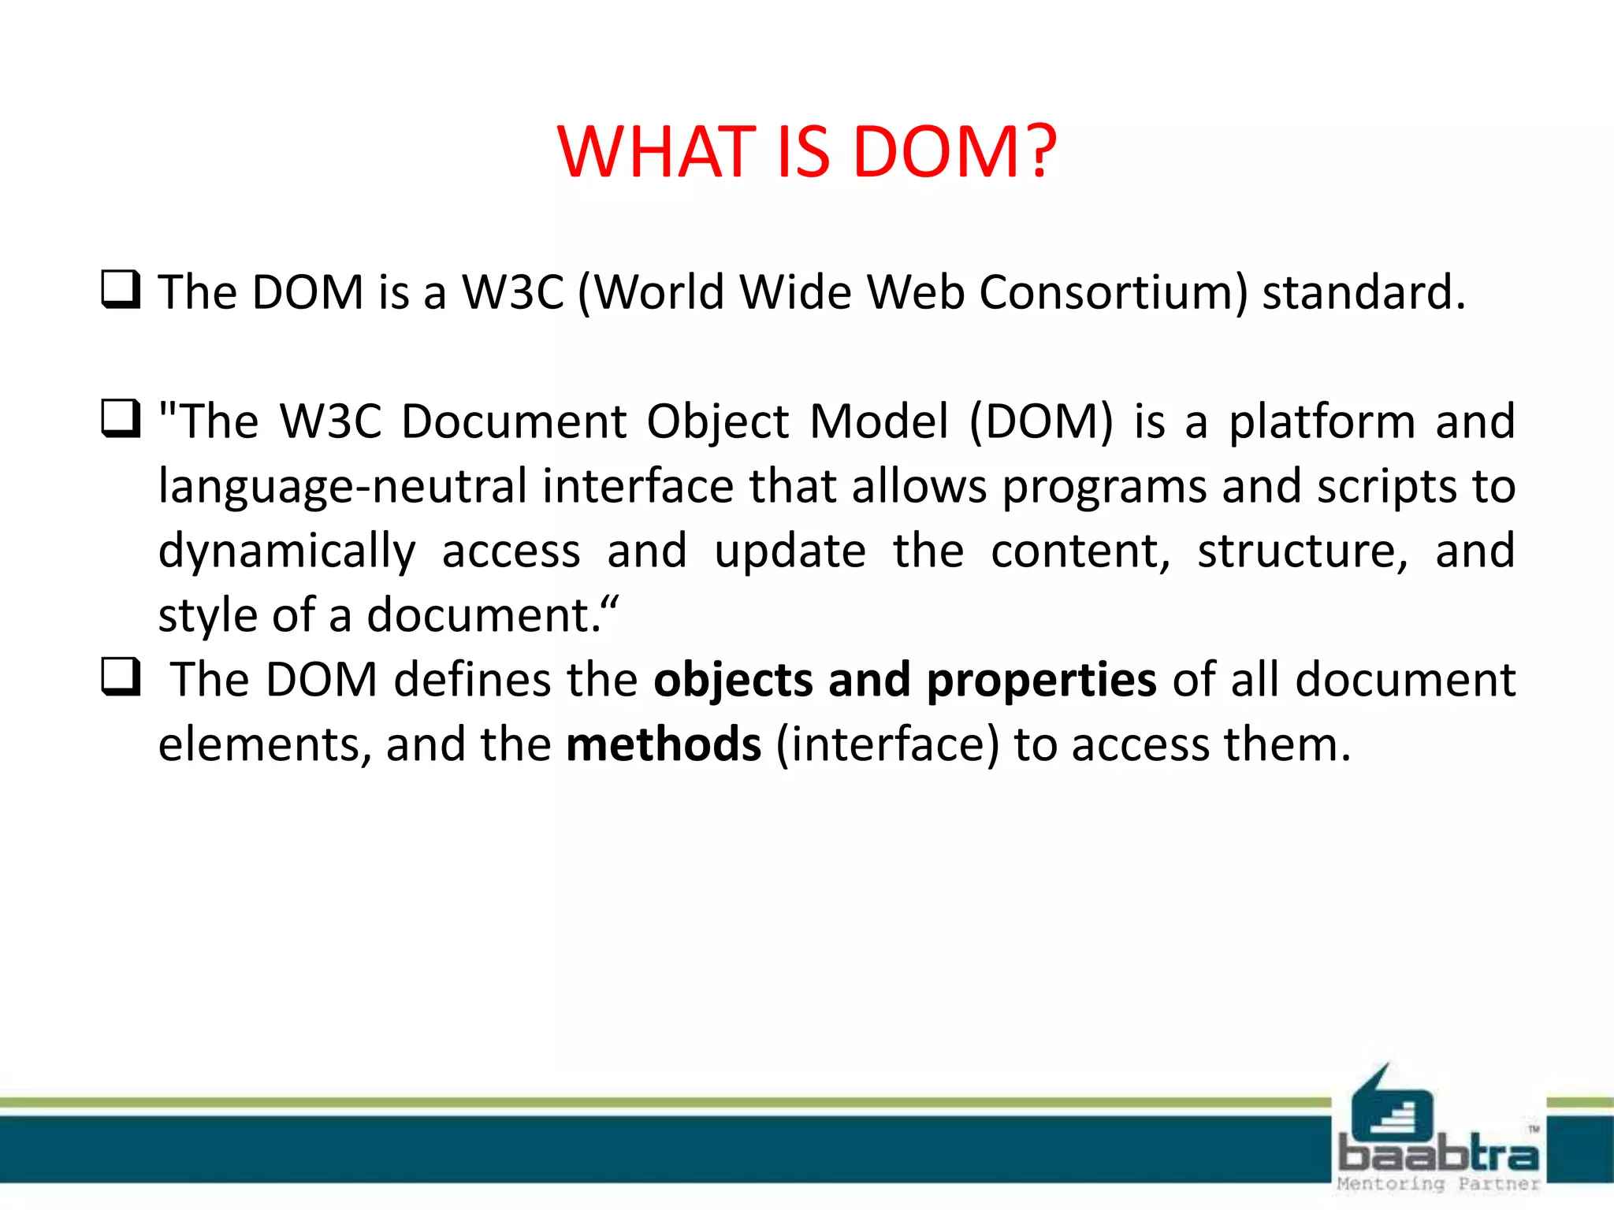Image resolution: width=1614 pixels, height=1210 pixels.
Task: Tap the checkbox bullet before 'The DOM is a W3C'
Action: pyautogui.click(x=121, y=289)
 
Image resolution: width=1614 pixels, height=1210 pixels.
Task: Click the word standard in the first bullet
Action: pyautogui.click(x=1363, y=293)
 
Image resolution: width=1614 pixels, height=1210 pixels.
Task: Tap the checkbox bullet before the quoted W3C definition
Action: pyautogui.click(x=121, y=418)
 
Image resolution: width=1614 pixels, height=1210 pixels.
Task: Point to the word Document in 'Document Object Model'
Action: pyautogui.click(x=514, y=421)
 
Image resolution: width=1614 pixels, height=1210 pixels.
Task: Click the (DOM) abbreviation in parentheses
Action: pyautogui.click(x=1041, y=421)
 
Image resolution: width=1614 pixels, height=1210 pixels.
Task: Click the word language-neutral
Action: pyautogui.click(x=343, y=487)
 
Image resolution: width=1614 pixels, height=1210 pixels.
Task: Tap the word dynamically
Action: pyautogui.click(x=287, y=551)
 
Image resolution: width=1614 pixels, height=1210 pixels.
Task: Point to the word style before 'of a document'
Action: pyautogui.click(x=206, y=615)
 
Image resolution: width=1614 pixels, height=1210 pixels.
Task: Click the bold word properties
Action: pyautogui.click(x=1041, y=681)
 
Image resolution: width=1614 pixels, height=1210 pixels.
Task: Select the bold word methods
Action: pyautogui.click(x=664, y=744)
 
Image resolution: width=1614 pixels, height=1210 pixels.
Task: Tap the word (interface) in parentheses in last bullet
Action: pyautogui.click(x=887, y=745)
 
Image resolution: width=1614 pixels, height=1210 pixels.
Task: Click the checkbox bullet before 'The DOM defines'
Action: pyautogui.click(x=121, y=677)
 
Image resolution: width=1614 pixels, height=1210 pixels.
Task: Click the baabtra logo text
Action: pyautogui.click(x=1439, y=1155)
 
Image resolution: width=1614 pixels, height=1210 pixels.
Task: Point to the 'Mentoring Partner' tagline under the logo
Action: pyautogui.click(x=1438, y=1184)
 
